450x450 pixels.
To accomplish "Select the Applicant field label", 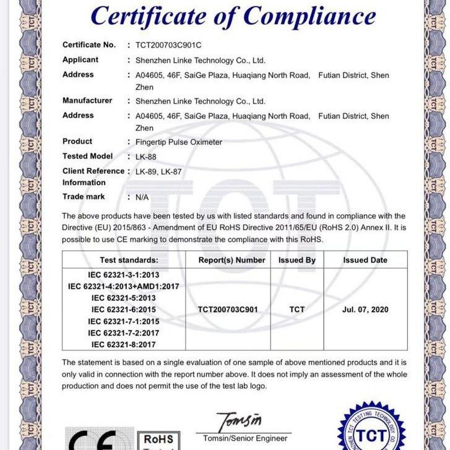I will pos(80,60).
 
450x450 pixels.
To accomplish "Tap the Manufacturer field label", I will pos(87,100).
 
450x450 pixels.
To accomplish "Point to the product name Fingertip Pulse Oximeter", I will pos(178,142).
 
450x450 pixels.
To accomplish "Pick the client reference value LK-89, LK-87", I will pos(158,171).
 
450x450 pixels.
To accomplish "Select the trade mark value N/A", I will pos(142,197).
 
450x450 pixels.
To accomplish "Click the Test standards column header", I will pos(129,260).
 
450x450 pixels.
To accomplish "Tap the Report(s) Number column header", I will pos(231,260).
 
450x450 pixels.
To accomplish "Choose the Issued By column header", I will pos(296,260).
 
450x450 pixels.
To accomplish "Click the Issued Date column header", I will pos(365,260).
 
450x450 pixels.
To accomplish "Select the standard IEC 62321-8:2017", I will pos(123,344).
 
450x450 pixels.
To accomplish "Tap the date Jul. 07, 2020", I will pos(365,309).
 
